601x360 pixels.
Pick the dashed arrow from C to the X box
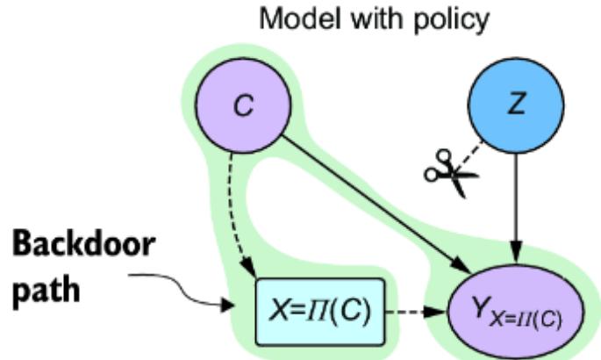pyautogui.click(x=239, y=211)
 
